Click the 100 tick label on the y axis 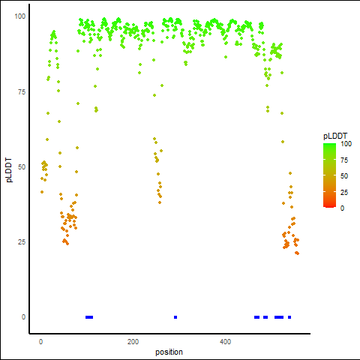tap(20, 16)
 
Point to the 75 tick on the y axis tap(22, 92)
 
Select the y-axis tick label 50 tap(22, 167)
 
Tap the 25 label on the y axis tap(22, 242)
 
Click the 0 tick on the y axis tap(23, 317)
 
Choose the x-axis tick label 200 tap(133, 342)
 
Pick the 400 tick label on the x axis tap(225, 342)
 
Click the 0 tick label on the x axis tap(40, 342)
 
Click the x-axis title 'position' tap(169, 352)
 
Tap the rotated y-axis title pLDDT tap(9, 170)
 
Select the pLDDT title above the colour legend tap(335, 136)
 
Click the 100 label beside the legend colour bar tap(346, 144)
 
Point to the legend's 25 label tap(344, 192)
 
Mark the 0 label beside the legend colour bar tap(342, 208)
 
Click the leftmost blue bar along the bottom tap(89, 317)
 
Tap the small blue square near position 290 tap(175, 317)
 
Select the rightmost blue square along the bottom tap(289, 317)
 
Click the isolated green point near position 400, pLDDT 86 tap(226, 57)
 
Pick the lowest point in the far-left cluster tap(42, 192)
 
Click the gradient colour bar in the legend tap(329, 175)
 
